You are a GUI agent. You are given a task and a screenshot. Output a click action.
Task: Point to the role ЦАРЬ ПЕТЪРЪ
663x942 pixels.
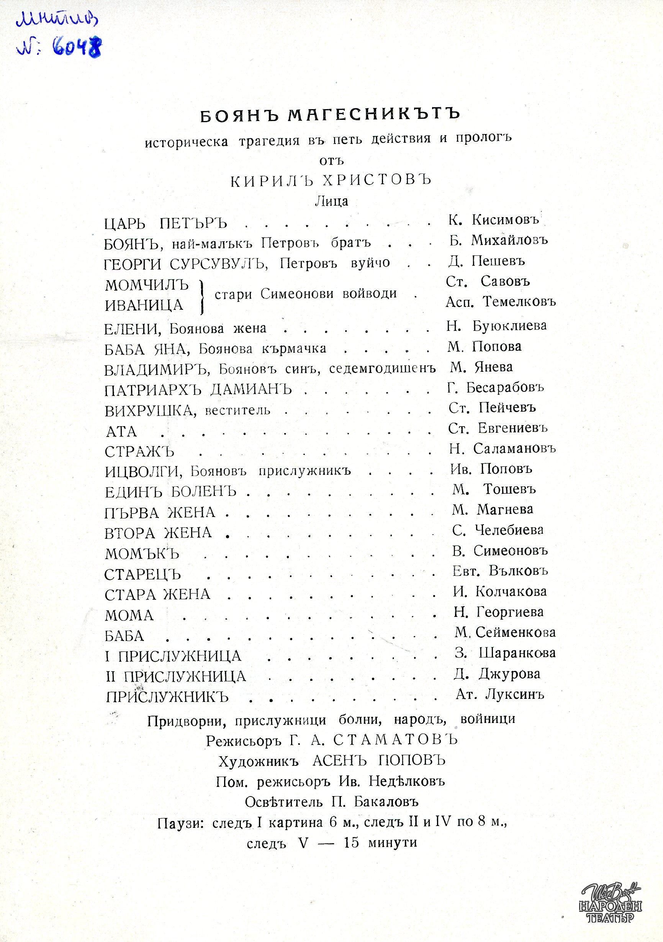(166, 224)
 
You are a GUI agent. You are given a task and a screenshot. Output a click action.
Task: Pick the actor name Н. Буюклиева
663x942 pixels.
(497, 326)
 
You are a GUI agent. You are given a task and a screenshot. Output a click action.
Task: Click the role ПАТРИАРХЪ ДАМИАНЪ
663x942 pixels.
(198, 389)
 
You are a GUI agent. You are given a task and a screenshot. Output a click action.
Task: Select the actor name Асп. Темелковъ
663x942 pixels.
(501, 302)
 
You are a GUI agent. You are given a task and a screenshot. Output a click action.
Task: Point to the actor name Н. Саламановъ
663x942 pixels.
(502, 448)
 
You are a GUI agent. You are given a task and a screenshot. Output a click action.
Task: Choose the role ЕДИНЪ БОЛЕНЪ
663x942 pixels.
(171, 492)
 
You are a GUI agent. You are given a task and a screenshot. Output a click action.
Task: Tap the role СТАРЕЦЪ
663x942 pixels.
(143, 574)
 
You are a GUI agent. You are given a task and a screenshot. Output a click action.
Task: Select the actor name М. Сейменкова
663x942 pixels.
(505, 632)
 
